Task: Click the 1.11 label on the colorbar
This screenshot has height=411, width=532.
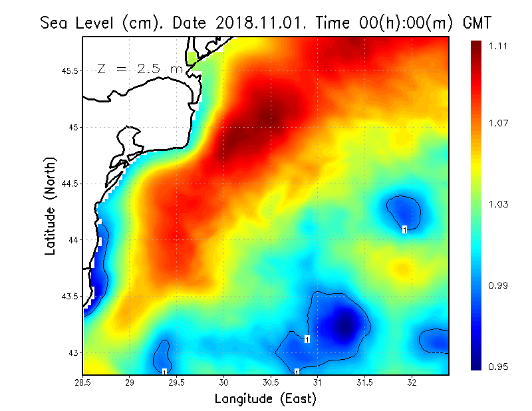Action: coord(499,46)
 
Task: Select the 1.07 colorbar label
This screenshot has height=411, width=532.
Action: coord(499,123)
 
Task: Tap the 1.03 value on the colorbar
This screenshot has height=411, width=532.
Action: coord(499,204)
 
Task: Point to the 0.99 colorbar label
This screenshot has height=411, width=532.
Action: coord(499,285)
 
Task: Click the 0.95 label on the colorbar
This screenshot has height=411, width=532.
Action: coord(499,365)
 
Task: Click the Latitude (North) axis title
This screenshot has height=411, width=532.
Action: coord(50,206)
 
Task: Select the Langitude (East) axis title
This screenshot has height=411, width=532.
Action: coord(265,398)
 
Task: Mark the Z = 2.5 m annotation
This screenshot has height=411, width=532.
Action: coord(139,68)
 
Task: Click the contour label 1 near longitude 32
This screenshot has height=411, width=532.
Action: coord(404,229)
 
